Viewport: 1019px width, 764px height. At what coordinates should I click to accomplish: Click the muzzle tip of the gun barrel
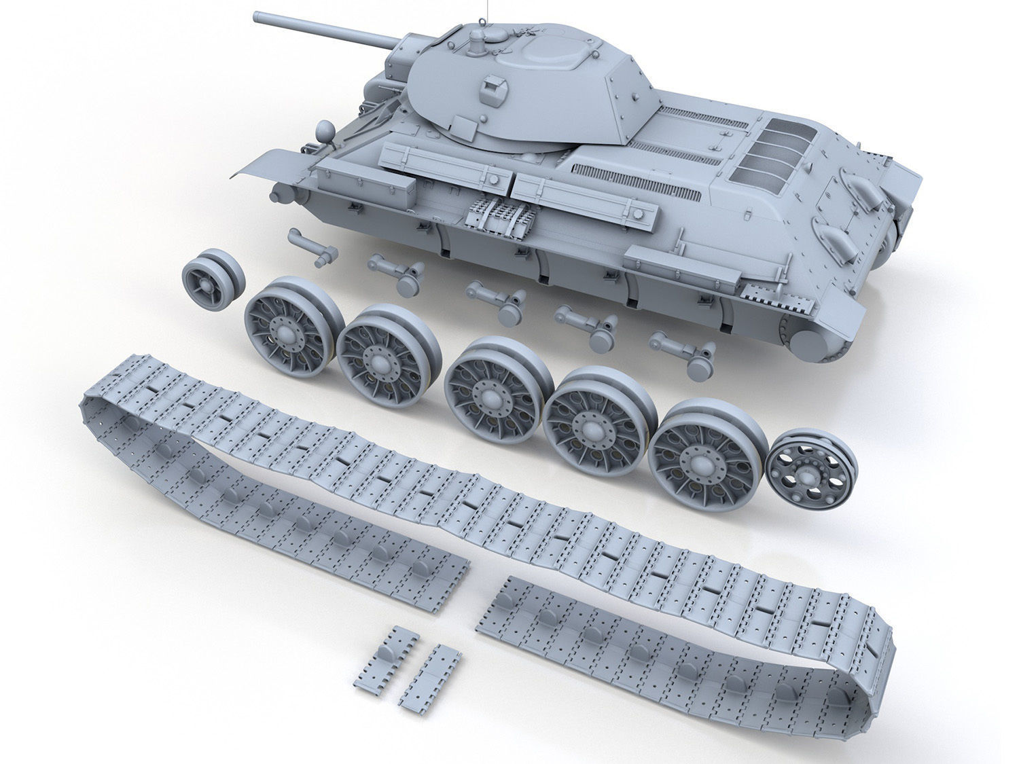coord(257,16)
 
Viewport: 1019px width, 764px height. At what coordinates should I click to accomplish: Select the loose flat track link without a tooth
coord(429,679)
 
